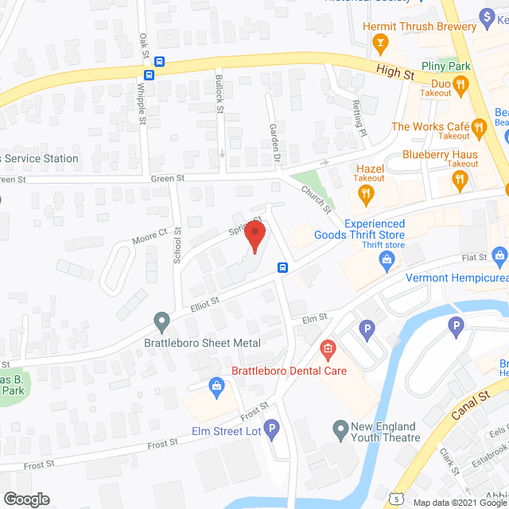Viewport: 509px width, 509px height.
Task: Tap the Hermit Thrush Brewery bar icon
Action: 381,41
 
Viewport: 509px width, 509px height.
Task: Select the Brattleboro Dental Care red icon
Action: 327,348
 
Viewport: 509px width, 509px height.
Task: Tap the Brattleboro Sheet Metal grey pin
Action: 162,323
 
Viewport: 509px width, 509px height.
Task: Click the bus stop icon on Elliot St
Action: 282,267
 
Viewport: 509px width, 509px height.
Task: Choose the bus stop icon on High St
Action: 160,62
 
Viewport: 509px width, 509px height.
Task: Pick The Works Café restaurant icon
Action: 478,126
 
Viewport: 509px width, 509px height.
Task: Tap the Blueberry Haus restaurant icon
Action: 460,181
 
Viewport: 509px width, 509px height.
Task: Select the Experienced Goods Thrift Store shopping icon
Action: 386,258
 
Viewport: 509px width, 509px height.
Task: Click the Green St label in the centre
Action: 168,179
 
